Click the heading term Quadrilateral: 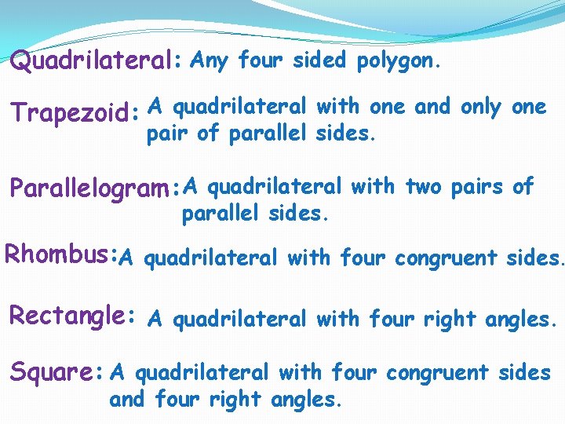[97, 62]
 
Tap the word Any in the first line [208, 60]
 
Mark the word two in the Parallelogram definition [424, 186]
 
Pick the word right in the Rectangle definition [450, 320]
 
